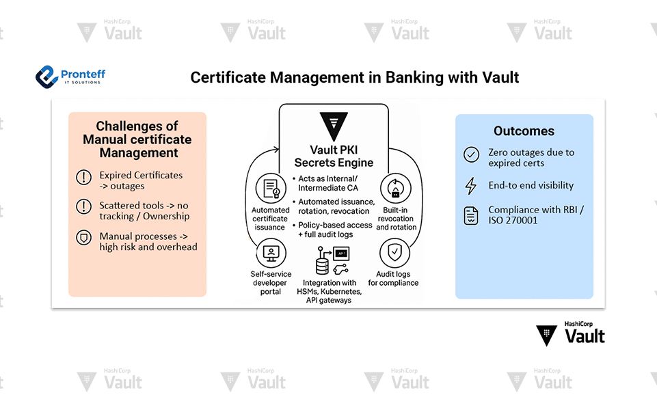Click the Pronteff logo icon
click(x=46, y=76)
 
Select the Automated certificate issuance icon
click(x=270, y=188)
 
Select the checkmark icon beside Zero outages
click(x=471, y=154)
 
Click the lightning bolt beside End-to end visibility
click(x=470, y=186)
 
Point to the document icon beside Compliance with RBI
click(x=471, y=216)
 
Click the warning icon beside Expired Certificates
click(x=83, y=178)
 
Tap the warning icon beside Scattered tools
click(x=83, y=206)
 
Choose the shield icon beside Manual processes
click(x=83, y=237)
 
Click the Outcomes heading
click(x=524, y=131)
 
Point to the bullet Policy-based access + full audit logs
click(x=335, y=230)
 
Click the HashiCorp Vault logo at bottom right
click(x=570, y=333)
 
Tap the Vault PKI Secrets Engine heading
click(x=334, y=156)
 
